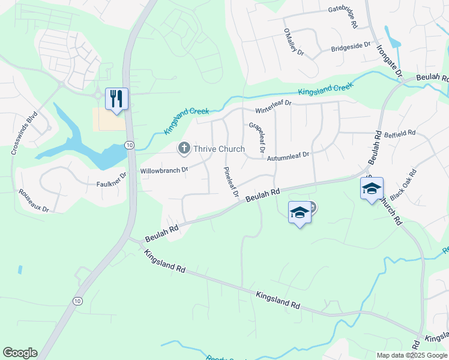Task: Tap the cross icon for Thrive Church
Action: coord(184,148)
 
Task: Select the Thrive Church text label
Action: coord(218,149)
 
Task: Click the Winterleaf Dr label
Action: coord(273,107)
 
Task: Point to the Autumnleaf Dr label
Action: coord(288,155)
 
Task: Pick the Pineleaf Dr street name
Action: coord(231,182)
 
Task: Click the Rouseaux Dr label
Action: coord(33,200)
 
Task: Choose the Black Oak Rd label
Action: coord(403,185)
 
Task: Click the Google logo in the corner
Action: coord(20,353)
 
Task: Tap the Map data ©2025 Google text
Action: coord(412,355)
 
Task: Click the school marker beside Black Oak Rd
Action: coord(372,188)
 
